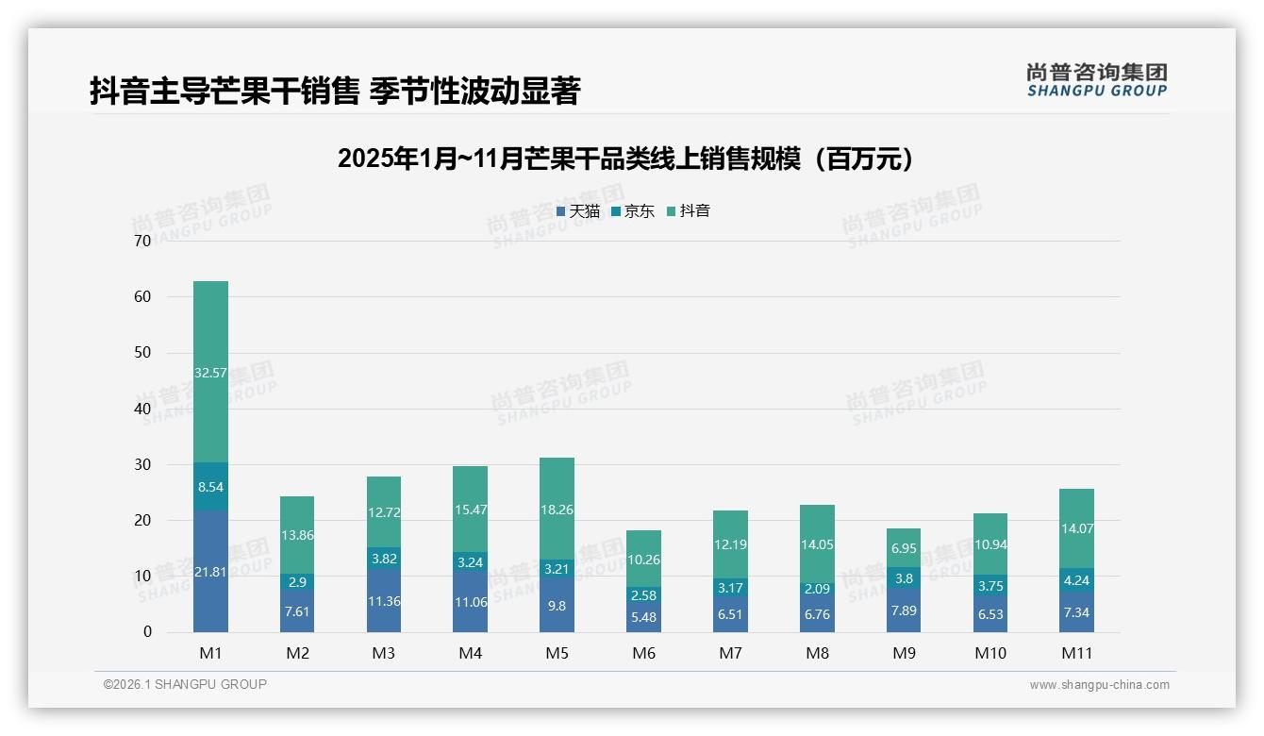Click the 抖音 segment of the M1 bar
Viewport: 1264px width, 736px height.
(x=210, y=372)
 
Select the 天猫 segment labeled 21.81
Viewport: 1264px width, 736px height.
(x=210, y=571)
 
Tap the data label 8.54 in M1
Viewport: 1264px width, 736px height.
(x=210, y=488)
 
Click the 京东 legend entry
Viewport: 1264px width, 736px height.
(x=633, y=211)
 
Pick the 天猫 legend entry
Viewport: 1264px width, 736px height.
(x=577, y=211)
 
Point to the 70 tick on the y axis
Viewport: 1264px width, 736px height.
(x=142, y=241)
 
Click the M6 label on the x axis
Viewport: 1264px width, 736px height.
(x=644, y=653)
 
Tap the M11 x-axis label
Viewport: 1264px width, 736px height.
(x=1076, y=653)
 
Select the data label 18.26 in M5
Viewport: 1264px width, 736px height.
(x=557, y=509)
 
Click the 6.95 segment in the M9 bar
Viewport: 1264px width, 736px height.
(x=904, y=548)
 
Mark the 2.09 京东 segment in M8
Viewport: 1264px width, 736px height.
(x=818, y=589)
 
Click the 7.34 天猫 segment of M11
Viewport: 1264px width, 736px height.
(x=1076, y=612)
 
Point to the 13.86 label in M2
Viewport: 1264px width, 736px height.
(x=297, y=535)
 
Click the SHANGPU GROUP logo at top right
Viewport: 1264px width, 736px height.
(x=1096, y=80)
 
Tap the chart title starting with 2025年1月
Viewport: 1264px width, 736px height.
(x=626, y=159)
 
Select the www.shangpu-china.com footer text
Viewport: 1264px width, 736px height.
(x=1099, y=685)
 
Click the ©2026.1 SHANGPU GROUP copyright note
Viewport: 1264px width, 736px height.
(x=185, y=684)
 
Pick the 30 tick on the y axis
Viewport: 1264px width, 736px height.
(x=142, y=464)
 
